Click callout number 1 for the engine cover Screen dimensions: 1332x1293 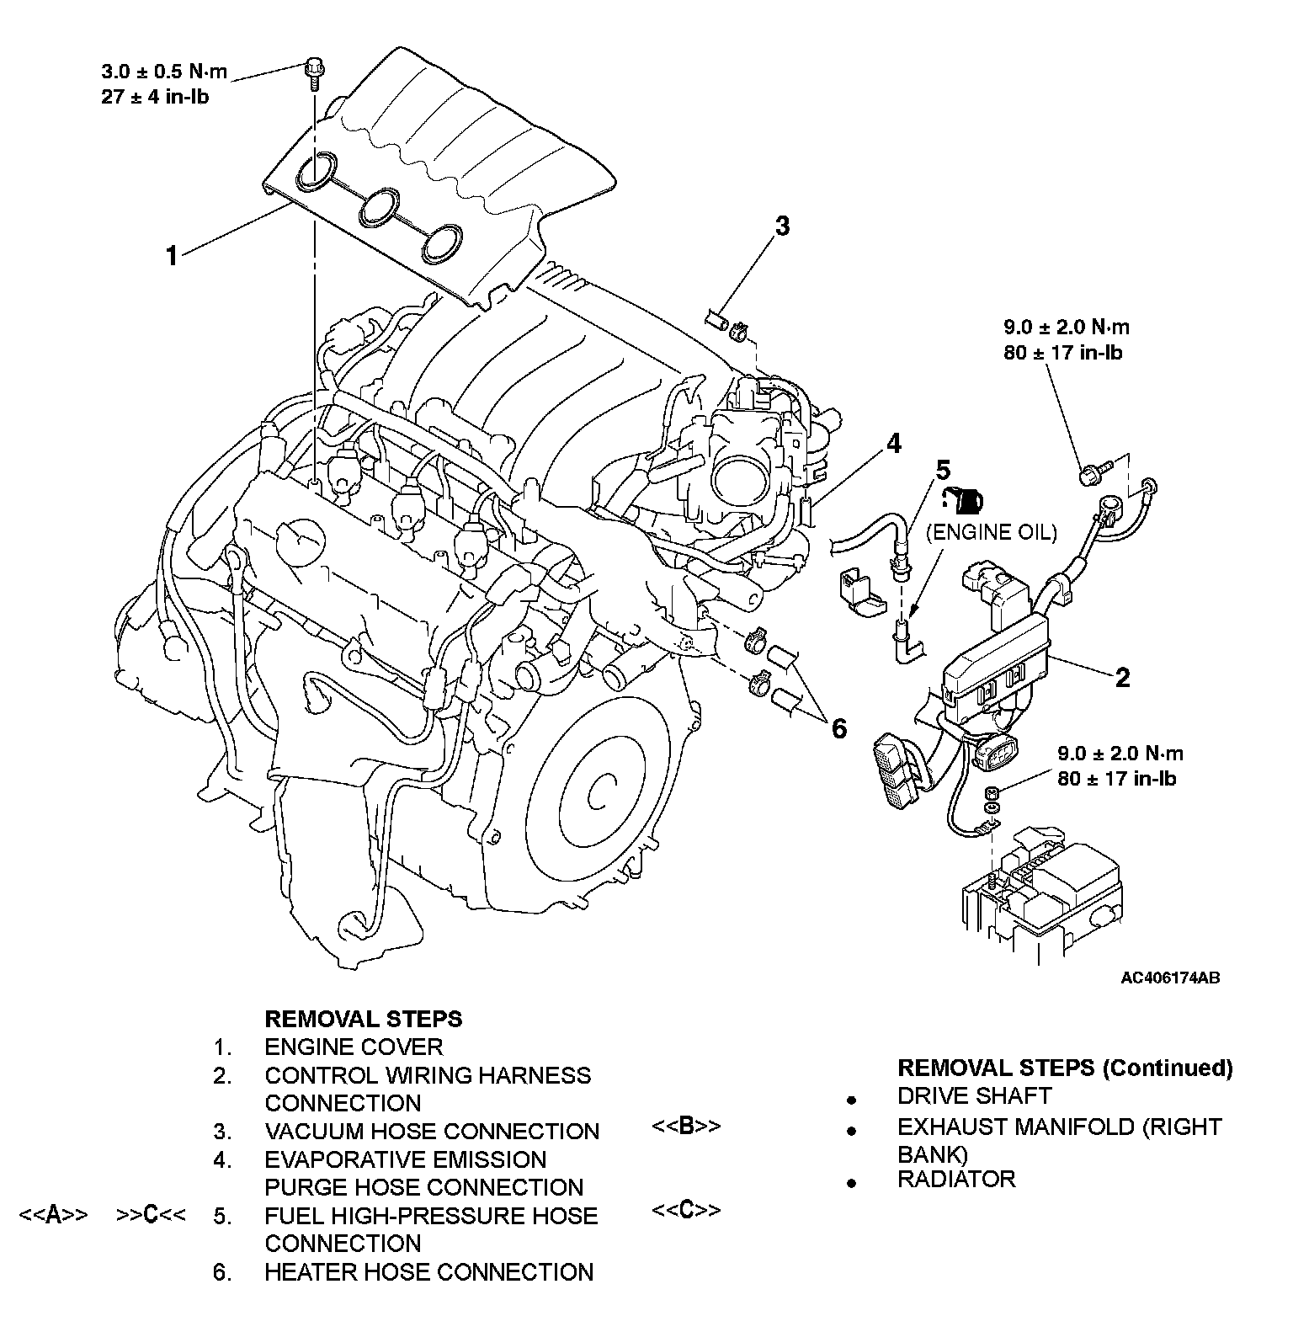(172, 255)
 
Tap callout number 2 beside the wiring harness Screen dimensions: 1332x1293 (1122, 678)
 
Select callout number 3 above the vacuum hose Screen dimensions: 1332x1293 (782, 226)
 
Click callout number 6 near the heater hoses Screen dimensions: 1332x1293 (838, 727)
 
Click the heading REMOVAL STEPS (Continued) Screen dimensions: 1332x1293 (1065, 1068)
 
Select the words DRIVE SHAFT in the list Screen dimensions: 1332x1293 (974, 1095)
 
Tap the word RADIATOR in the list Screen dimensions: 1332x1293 (956, 1179)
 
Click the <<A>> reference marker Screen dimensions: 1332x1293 (54, 1214)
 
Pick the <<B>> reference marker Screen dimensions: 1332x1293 (686, 1126)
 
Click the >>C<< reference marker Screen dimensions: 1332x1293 (152, 1214)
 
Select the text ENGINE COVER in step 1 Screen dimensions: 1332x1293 (353, 1047)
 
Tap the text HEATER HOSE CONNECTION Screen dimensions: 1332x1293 (428, 1271)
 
